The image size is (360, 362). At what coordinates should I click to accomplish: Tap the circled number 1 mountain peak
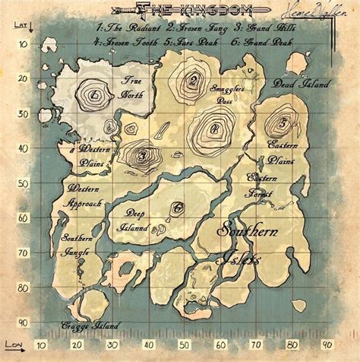point(93,96)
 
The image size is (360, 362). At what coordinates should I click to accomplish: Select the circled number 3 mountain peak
point(142,157)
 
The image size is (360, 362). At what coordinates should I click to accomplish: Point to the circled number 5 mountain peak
point(283,122)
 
